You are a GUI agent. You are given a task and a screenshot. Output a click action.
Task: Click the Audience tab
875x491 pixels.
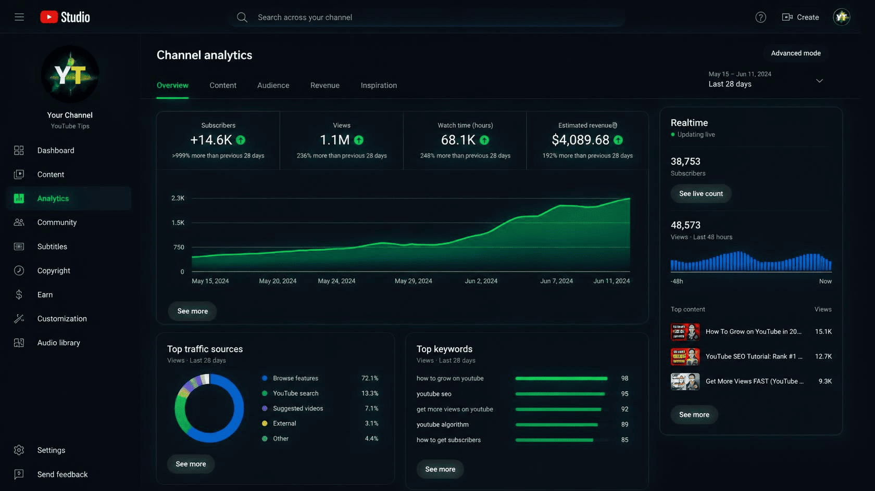273,85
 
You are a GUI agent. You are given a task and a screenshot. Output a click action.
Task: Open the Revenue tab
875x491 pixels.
324,85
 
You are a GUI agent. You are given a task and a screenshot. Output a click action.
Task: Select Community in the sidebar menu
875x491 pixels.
57,222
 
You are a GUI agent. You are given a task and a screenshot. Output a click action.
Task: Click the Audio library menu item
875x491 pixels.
58,343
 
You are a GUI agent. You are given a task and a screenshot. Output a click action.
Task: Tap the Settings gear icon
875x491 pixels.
19,450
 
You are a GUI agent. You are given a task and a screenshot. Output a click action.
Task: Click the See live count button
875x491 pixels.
701,194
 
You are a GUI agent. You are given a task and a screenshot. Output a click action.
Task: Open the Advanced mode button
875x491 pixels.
796,53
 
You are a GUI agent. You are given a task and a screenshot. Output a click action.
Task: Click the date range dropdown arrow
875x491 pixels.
820,81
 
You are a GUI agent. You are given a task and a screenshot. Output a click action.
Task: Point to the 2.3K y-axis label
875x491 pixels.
178,198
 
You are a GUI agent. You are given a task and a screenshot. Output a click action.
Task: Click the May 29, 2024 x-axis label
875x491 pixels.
414,281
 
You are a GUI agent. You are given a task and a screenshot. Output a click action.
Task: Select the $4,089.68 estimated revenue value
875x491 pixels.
580,140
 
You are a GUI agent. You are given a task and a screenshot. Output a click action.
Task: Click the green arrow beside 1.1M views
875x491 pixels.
358,140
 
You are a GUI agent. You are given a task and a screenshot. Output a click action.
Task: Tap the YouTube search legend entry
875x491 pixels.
295,394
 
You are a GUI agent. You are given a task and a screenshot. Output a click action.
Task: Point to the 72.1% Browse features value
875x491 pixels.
370,378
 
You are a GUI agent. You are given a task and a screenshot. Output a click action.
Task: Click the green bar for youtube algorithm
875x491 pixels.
556,425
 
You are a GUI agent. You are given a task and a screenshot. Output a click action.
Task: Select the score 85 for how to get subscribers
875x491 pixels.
624,440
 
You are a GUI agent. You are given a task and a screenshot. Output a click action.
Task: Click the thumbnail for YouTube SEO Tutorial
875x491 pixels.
685,356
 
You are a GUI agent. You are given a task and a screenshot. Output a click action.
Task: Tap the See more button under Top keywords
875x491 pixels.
440,469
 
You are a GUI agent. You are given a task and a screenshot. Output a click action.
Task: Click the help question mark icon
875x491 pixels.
760,17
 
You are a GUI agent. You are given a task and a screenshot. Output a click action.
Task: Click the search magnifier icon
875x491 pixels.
242,17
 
